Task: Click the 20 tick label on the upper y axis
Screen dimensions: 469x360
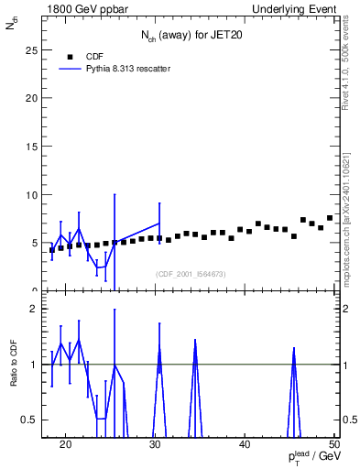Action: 31,97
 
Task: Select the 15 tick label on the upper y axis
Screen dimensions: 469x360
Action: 31,146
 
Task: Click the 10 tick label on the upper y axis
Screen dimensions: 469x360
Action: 31,194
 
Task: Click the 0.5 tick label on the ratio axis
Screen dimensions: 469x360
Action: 30,420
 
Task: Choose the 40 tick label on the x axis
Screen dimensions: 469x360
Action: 245,444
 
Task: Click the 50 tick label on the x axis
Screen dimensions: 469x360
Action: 334,444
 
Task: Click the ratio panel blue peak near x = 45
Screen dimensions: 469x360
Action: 294,349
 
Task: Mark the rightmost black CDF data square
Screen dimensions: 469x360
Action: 330,218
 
